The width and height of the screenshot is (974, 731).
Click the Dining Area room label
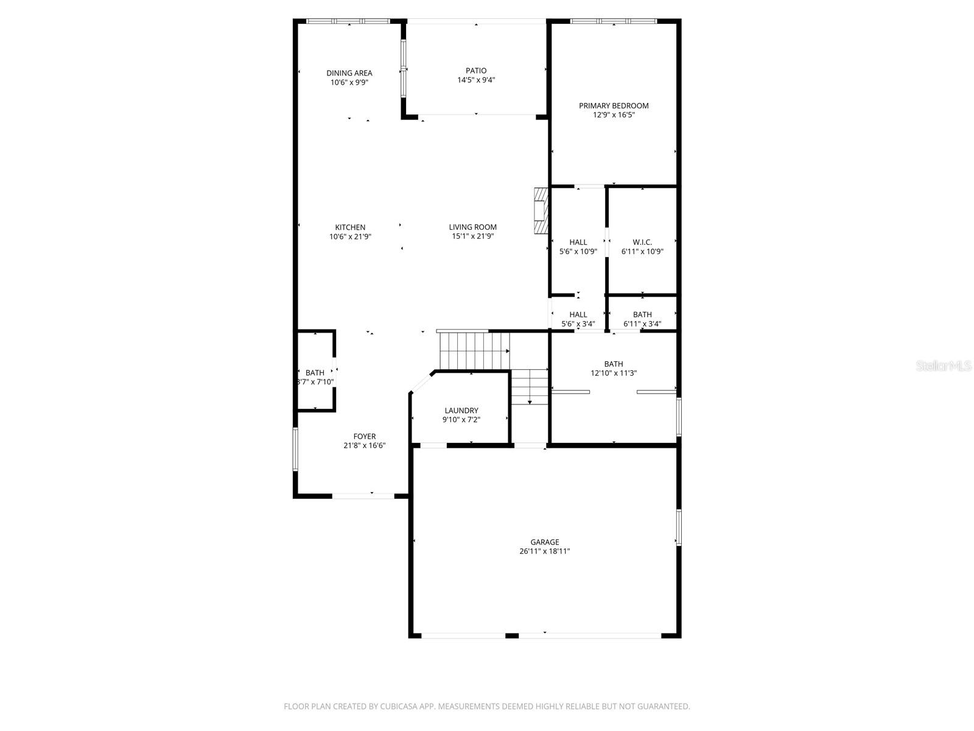349,73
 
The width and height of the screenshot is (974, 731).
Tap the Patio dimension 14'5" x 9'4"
476,80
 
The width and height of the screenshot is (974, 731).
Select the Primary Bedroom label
614,105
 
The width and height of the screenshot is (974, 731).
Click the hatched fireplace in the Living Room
539,211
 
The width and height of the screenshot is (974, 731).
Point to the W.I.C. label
642,242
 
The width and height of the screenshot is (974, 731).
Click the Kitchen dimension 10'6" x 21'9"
350,236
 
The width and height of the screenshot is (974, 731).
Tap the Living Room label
473,227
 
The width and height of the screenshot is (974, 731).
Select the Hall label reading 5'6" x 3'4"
578,314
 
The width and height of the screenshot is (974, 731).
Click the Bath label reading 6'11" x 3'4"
642,314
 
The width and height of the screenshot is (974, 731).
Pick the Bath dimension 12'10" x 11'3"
614,373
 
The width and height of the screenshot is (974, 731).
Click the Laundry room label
461,411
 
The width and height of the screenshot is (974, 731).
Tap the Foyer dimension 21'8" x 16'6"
364,445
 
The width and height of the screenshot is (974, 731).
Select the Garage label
544,542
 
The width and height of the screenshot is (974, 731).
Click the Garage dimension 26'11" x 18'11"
544,551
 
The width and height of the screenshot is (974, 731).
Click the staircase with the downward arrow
530,387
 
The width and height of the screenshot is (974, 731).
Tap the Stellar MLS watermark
944,365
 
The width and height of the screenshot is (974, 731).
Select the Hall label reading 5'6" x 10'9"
578,242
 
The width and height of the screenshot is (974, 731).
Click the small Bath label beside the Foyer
315,373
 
